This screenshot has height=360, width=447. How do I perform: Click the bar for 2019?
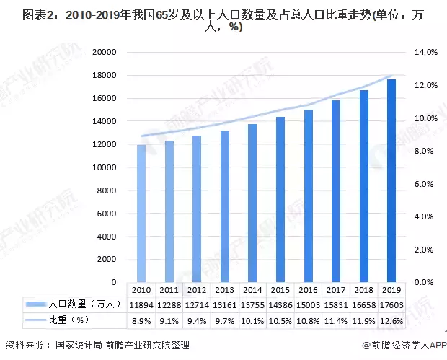(x=391, y=180)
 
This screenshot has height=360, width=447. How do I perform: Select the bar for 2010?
(x=141, y=214)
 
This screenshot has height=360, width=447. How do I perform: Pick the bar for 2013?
(x=225, y=206)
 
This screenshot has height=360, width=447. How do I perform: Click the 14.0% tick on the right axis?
(x=425, y=53)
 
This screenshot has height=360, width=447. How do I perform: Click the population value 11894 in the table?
(x=141, y=304)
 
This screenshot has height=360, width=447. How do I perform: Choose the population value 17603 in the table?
(x=391, y=304)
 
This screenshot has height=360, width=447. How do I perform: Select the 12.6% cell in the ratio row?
(x=391, y=320)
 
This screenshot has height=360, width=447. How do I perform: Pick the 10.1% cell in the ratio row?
(x=252, y=320)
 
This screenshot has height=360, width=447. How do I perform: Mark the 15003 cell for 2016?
(x=308, y=304)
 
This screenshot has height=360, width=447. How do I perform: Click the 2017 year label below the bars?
(x=335, y=289)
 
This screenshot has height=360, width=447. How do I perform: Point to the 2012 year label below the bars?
(x=197, y=289)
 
